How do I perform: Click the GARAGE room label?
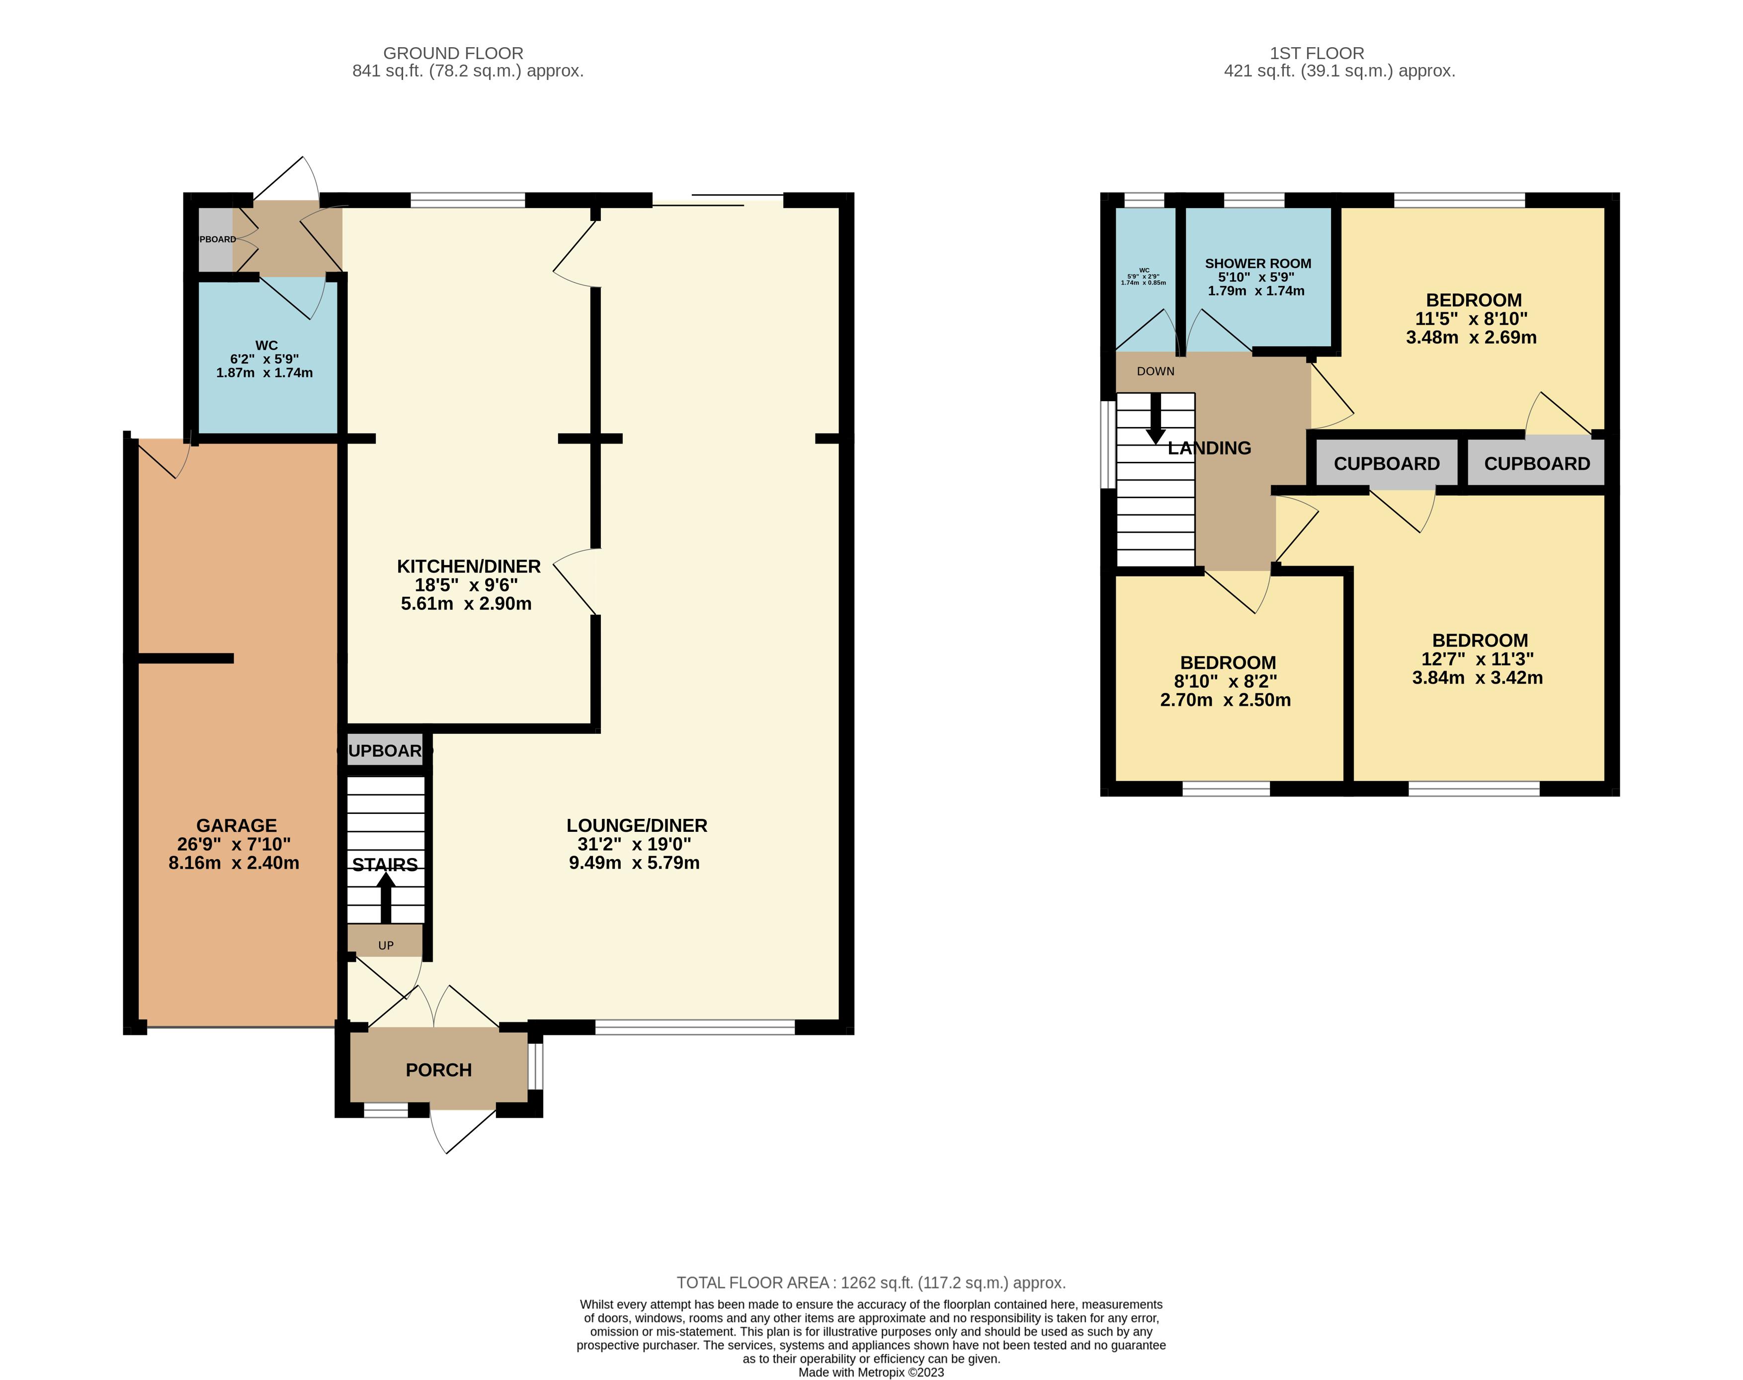[x=236, y=825]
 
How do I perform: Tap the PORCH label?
[x=438, y=1070]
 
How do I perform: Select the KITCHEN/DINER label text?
[x=468, y=567]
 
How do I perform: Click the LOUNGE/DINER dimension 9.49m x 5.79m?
[x=634, y=863]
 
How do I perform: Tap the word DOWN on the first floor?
[x=1155, y=371]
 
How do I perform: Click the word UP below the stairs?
[x=386, y=945]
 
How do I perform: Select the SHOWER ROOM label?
[x=1258, y=263]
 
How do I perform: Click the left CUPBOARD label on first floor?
[x=1387, y=464]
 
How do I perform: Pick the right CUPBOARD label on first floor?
[x=1537, y=464]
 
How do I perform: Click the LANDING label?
[x=1209, y=447]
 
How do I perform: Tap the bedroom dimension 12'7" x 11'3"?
[x=1477, y=659]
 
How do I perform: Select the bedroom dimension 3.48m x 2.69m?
[x=1471, y=338]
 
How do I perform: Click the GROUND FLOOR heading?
[x=453, y=53]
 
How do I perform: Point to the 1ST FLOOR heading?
[x=1317, y=53]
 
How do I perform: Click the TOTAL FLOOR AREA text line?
[x=871, y=1282]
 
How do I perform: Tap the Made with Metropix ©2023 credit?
[x=871, y=1372]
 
